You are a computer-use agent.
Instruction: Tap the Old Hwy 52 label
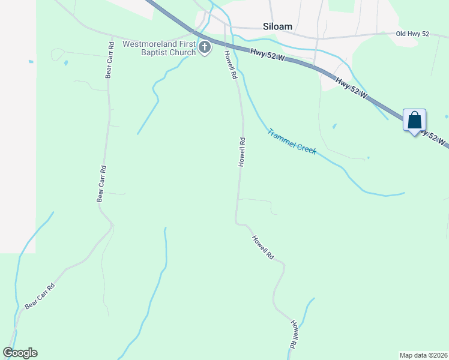[414, 34]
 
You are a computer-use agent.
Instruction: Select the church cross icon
[205, 47]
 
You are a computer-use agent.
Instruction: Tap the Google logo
[20, 353]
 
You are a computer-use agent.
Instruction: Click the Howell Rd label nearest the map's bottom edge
[294, 335]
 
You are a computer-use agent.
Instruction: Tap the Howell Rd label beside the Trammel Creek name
[242, 152]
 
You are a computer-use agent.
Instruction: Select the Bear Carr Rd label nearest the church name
[109, 60]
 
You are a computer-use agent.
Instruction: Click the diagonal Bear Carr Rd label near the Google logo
[40, 296]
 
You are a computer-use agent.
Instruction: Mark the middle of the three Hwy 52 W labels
[351, 88]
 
